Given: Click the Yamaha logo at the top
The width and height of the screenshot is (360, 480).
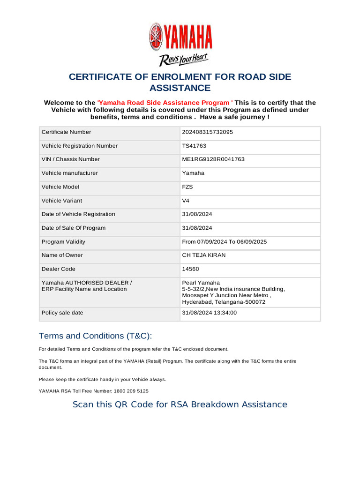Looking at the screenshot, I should click(x=180, y=37).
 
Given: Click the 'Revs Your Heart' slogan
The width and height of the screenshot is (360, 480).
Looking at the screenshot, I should click(x=183, y=60).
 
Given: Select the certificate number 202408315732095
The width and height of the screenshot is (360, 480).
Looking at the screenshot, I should click(x=207, y=132).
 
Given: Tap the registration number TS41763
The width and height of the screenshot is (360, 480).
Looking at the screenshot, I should click(x=194, y=146).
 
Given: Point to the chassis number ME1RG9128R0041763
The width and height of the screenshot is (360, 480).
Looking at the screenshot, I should click(x=213, y=159).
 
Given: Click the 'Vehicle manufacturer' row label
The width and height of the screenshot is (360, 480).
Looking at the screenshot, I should click(x=70, y=173).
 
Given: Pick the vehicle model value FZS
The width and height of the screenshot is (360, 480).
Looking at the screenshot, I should click(x=187, y=187).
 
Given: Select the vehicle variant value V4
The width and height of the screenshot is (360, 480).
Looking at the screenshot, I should click(x=186, y=201).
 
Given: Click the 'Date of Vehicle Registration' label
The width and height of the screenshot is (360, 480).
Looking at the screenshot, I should click(x=78, y=214).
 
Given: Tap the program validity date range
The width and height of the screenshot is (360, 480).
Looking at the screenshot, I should click(x=225, y=242).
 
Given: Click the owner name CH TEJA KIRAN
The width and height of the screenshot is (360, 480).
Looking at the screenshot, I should click(x=203, y=255).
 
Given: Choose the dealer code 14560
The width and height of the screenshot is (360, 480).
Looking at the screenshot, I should click(x=190, y=269).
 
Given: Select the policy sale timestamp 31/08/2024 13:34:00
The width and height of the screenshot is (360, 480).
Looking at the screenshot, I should click(x=209, y=313).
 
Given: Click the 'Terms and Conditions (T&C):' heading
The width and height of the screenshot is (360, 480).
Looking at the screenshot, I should click(x=95, y=336).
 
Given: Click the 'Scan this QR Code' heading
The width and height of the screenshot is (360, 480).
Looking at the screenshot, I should click(x=180, y=405).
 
